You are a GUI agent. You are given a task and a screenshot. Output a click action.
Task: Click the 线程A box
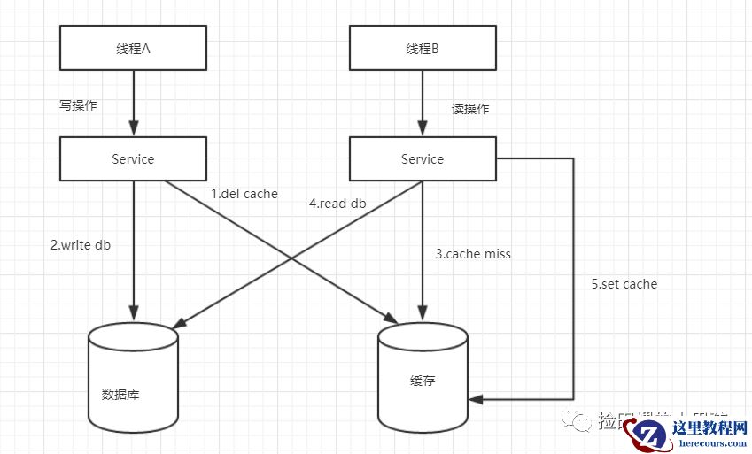click(x=133, y=48)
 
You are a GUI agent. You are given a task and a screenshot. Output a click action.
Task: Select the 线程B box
click(x=423, y=48)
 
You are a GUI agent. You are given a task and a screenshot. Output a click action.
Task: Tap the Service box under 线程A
click(x=133, y=159)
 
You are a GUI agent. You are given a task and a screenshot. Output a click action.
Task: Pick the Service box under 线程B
click(x=423, y=159)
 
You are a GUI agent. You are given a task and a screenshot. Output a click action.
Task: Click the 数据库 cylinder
click(x=133, y=376)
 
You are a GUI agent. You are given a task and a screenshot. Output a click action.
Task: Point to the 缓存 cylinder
click(x=423, y=376)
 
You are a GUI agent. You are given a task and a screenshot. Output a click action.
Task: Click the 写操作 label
click(x=78, y=104)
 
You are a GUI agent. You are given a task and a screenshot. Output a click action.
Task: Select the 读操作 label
click(x=470, y=109)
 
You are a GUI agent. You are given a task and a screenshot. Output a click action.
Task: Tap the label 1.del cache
click(x=244, y=194)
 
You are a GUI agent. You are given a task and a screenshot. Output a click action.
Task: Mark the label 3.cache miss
click(x=473, y=254)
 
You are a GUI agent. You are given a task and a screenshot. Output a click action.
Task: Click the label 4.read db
click(x=337, y=203)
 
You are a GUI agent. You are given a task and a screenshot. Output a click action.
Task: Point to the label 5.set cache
click(x=624, y=284)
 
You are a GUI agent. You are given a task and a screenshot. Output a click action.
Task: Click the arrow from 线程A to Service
click(x=133, y=103)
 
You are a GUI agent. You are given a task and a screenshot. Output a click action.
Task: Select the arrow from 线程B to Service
click(x=423, y=103)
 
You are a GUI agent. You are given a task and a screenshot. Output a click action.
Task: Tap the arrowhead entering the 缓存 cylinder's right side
click(x=475, y=400)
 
